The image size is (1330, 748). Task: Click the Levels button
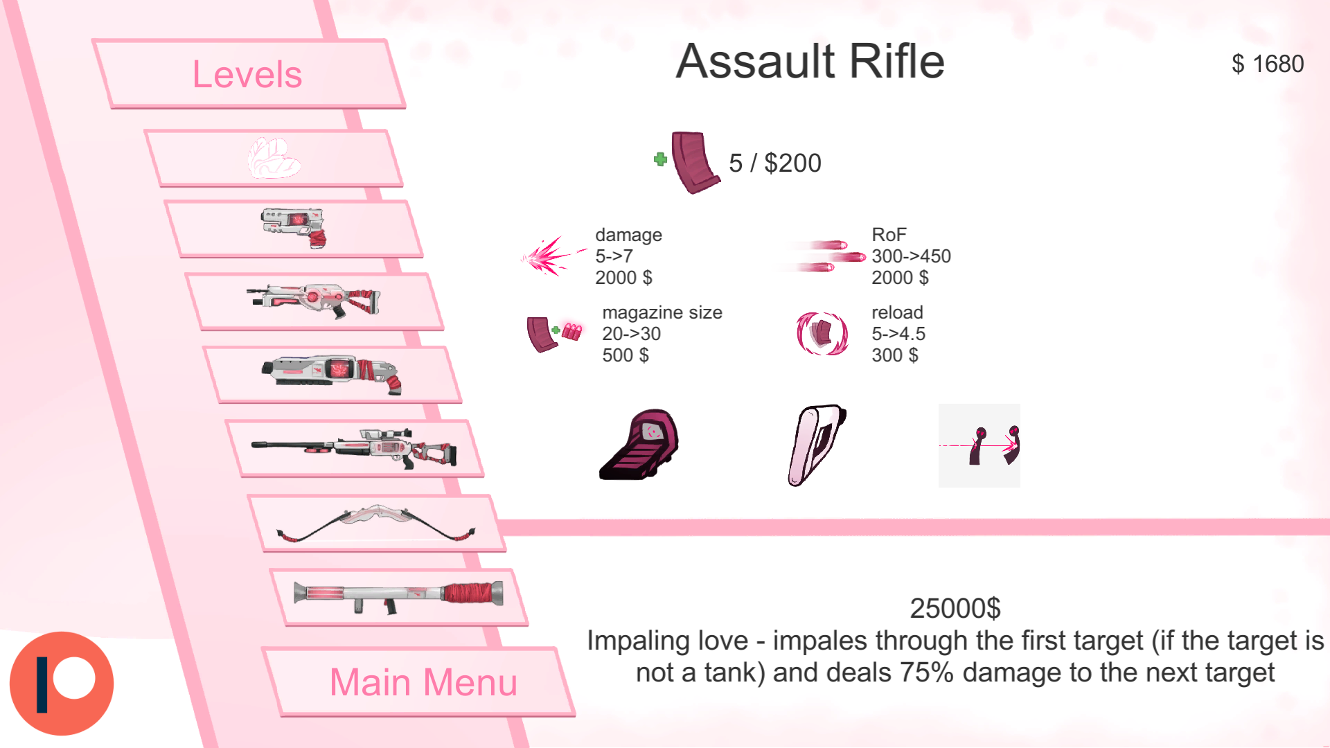coord(247,74)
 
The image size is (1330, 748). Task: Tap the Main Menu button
coord(423,682)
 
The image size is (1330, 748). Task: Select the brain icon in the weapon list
coord(274,159)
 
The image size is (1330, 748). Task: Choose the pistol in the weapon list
coord(294,227)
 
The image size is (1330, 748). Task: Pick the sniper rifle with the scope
coord(355,448)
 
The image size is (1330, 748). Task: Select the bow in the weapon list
coord(376,524)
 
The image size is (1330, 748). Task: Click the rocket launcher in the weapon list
coord(398,596)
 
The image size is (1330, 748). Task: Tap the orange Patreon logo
coord(62,683)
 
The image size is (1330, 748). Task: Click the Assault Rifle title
coord(810,62)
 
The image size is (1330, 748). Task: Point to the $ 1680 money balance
coord(1268,64)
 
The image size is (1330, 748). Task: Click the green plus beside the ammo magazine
coord(660,159)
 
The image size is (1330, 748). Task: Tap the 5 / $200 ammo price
coord(774,163)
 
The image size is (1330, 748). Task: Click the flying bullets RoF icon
coord(828,256)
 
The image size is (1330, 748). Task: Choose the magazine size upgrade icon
coord(553,334)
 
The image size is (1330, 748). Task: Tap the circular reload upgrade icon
coord(822,333)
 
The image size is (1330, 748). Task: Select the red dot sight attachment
coord(639,445)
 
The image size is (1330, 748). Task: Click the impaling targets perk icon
coord(979,445)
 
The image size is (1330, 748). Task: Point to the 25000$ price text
coord(955,608)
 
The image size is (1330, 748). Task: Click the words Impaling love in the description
coord(667,641)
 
